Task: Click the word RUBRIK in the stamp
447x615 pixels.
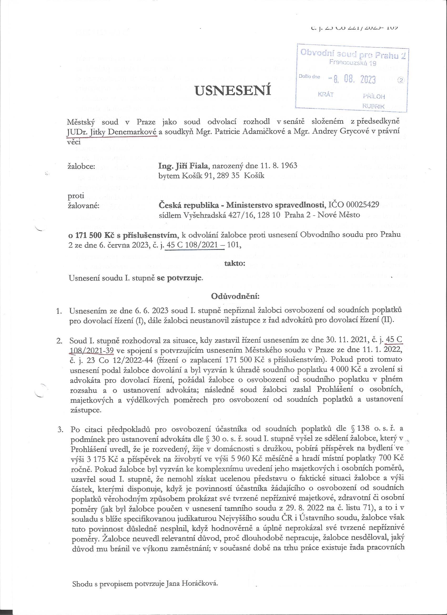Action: point(373,106)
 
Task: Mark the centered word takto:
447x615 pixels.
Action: point(235,263)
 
